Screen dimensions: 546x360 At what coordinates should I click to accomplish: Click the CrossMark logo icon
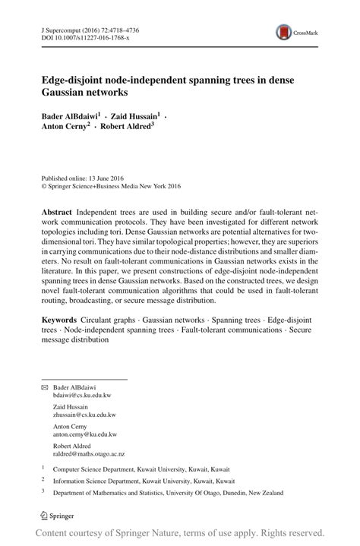point(284,32)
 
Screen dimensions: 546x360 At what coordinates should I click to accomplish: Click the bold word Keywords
point(61,321)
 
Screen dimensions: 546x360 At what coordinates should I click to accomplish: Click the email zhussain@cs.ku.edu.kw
point(84,415)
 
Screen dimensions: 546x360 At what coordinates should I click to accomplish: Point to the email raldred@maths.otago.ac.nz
point(89,454)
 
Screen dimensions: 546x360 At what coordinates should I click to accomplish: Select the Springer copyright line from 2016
point(112,184)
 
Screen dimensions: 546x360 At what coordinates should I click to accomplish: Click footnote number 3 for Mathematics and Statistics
point(44,491)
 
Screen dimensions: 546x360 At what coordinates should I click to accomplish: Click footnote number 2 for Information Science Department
point(44,480)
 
